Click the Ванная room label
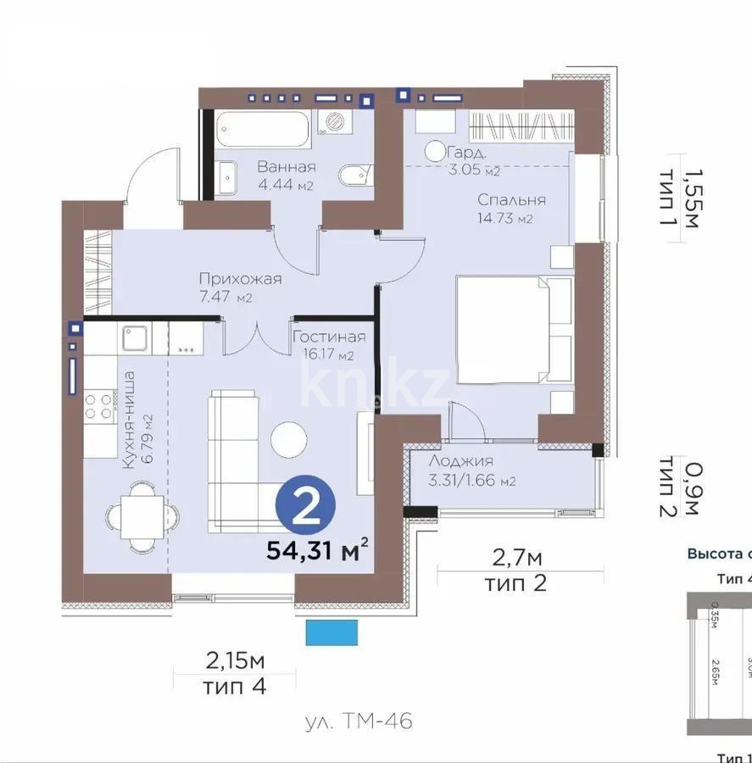287,167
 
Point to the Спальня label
511,200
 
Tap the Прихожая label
240,279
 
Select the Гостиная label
329,337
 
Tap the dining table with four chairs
143,515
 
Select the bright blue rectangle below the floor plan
331,632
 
